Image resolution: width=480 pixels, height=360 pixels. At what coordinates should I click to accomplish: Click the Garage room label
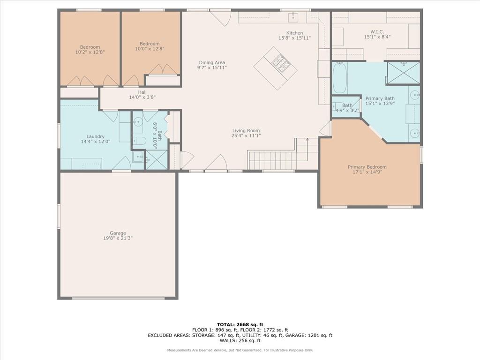click(x=118, y=233)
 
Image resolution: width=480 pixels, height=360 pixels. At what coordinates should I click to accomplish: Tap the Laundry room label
click(x=96, y=136)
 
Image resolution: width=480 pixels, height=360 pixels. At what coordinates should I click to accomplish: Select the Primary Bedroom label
click(x=367, y=167)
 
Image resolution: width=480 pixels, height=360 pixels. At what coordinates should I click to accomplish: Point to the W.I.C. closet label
click(x=377, y=32)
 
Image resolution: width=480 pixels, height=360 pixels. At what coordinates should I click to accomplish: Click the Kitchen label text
click(x=294, y=33)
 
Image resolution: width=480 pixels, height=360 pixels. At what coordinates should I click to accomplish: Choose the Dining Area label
click(x=212, y=62)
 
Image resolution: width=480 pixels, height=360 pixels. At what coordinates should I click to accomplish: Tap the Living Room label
click(x=246, y=130)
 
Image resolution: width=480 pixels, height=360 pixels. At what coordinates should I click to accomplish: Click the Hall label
click(x=142, y=92)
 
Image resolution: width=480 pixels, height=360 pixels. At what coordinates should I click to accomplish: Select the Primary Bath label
click(x=380, y=98)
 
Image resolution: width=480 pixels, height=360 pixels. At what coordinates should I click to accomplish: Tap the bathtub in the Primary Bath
click(x=340, y=78)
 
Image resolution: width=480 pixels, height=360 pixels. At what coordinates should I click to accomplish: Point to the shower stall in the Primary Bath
click(x=403, y=73)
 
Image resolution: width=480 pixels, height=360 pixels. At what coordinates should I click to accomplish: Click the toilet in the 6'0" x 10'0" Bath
click(x=140, y=141)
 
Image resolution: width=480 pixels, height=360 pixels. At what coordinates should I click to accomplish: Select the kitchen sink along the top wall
click(x=293, y=17)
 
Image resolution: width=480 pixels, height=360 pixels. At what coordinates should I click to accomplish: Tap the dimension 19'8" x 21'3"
click(x=118, y=238)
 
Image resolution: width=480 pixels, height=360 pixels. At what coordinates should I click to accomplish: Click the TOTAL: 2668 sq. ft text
click(x=240, y=324)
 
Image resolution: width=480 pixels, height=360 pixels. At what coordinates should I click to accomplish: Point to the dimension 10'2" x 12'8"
click(x=90, y=52)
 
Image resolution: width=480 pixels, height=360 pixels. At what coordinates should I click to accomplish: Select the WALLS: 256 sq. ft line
click(x=240, y=340)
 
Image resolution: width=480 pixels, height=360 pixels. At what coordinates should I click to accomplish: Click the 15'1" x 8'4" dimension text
click(x=377, y=37)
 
